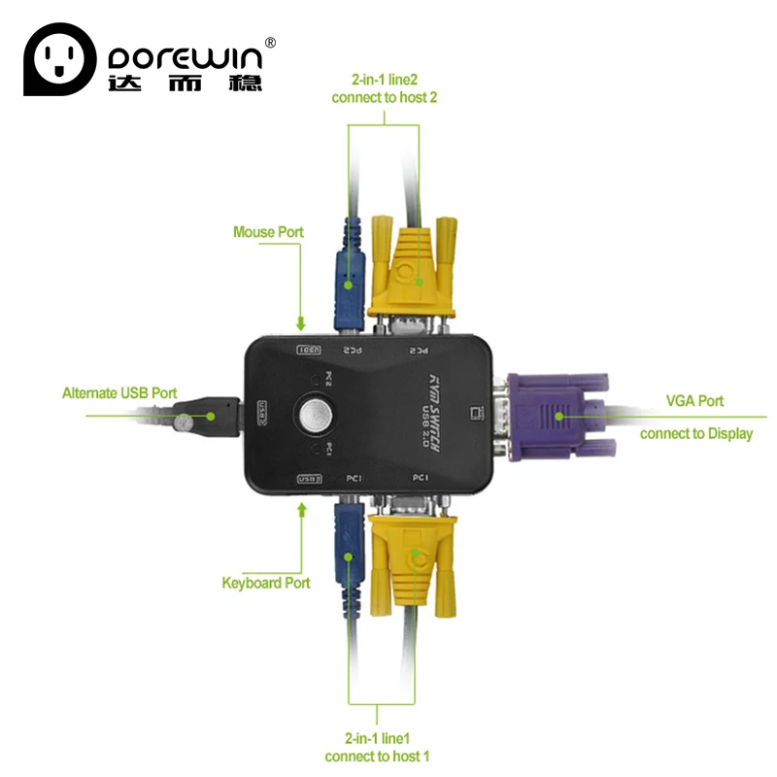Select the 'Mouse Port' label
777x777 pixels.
click(x=268, y=232)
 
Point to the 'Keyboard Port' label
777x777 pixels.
click(x=266, y=583)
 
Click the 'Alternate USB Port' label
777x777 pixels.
click(x=119, y=393)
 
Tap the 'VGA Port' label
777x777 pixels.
click(x=694, y=400)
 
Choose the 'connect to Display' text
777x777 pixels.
click(x=696, y=433)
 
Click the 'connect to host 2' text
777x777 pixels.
click(x=386, y=98)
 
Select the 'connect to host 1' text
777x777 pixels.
click(x=378, y=756)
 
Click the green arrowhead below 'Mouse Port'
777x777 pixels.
click(x=301, y=324)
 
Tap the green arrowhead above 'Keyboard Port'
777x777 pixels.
click(x=301, y=508)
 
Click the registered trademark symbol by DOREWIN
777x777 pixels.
click(x=271, y=42)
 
